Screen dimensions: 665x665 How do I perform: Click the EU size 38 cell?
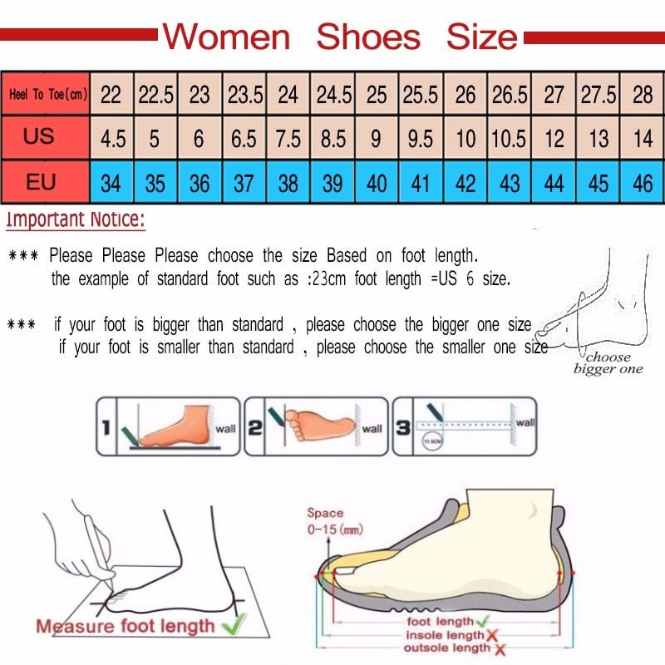tap(288, 182)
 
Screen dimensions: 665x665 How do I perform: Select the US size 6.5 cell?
tap(244, 138)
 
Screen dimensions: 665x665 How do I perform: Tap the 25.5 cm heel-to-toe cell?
tap(421, 94)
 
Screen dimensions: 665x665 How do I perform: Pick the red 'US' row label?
tap(40, 136)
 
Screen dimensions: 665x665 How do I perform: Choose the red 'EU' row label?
tap(40, 181)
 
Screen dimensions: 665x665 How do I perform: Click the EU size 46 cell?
tap(643, 182)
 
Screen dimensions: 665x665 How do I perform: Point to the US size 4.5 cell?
tap(112, 138)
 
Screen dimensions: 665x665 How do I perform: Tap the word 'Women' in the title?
tap(226, 37)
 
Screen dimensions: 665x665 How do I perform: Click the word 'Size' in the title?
tap(481, 37)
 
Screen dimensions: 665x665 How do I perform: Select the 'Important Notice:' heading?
tap(76, 220)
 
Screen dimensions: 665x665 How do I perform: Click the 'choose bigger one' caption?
tap(608, 363)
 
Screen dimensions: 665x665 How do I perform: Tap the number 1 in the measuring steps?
tap(106, 428)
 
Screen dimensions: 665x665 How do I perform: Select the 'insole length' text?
tap(444, 635)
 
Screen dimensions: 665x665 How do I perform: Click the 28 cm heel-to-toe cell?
tap(643, 94)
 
